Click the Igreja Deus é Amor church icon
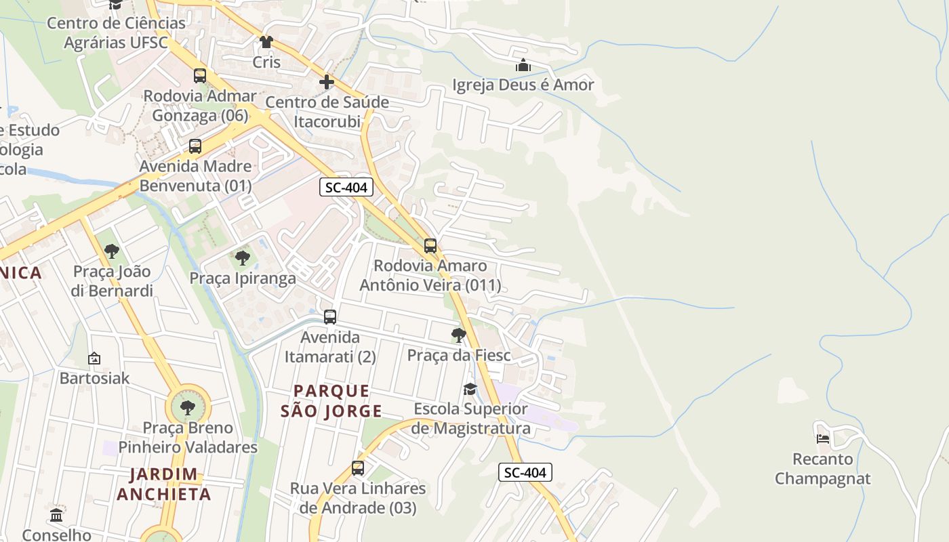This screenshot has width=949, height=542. click(x=523, y=66)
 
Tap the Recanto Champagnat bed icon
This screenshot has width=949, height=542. click(x=823, y=438)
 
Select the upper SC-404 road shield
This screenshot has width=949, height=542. click(x=346, y=188)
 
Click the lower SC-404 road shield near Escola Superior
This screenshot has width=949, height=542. click(x=525, y=472)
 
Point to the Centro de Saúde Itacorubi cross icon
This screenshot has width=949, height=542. click(x=327, y=83)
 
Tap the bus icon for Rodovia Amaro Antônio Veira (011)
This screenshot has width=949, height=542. click(x=430, y=246)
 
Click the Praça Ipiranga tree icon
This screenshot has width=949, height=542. click(x=242, y=258)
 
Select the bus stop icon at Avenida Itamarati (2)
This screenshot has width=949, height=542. click(x=330, y=316)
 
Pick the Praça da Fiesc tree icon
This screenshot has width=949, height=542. click(x=459, y=335)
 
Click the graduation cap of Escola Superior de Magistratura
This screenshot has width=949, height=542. click(x=470, y=389)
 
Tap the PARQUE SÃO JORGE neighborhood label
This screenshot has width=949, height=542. click(x=331, y=401)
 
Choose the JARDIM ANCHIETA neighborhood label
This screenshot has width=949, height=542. click(x=163, y=484)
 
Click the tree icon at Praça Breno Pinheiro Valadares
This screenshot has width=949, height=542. click(x=188, y=408)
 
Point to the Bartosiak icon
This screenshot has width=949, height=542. click(x=94, y=358)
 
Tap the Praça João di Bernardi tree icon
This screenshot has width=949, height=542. click(x=112, y=252)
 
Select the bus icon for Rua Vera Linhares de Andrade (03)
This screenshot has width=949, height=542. click(x=358, y=467)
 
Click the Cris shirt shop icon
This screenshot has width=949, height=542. click(x=266, y=42)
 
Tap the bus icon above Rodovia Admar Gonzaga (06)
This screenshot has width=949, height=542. click(x=200, y=76)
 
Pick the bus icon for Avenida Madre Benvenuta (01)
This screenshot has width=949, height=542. click(x=195, y=146)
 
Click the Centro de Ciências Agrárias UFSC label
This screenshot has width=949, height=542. click(x=116, y=33)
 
